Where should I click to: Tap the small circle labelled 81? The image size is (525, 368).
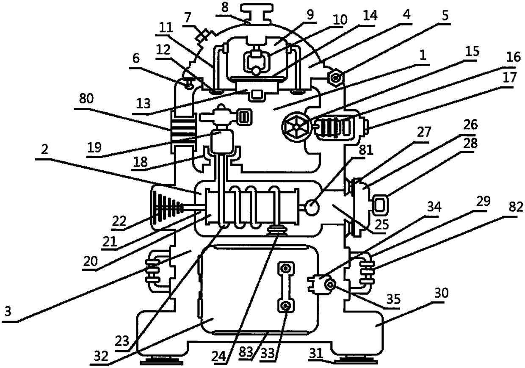313,208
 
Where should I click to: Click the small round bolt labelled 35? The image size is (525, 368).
329,288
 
